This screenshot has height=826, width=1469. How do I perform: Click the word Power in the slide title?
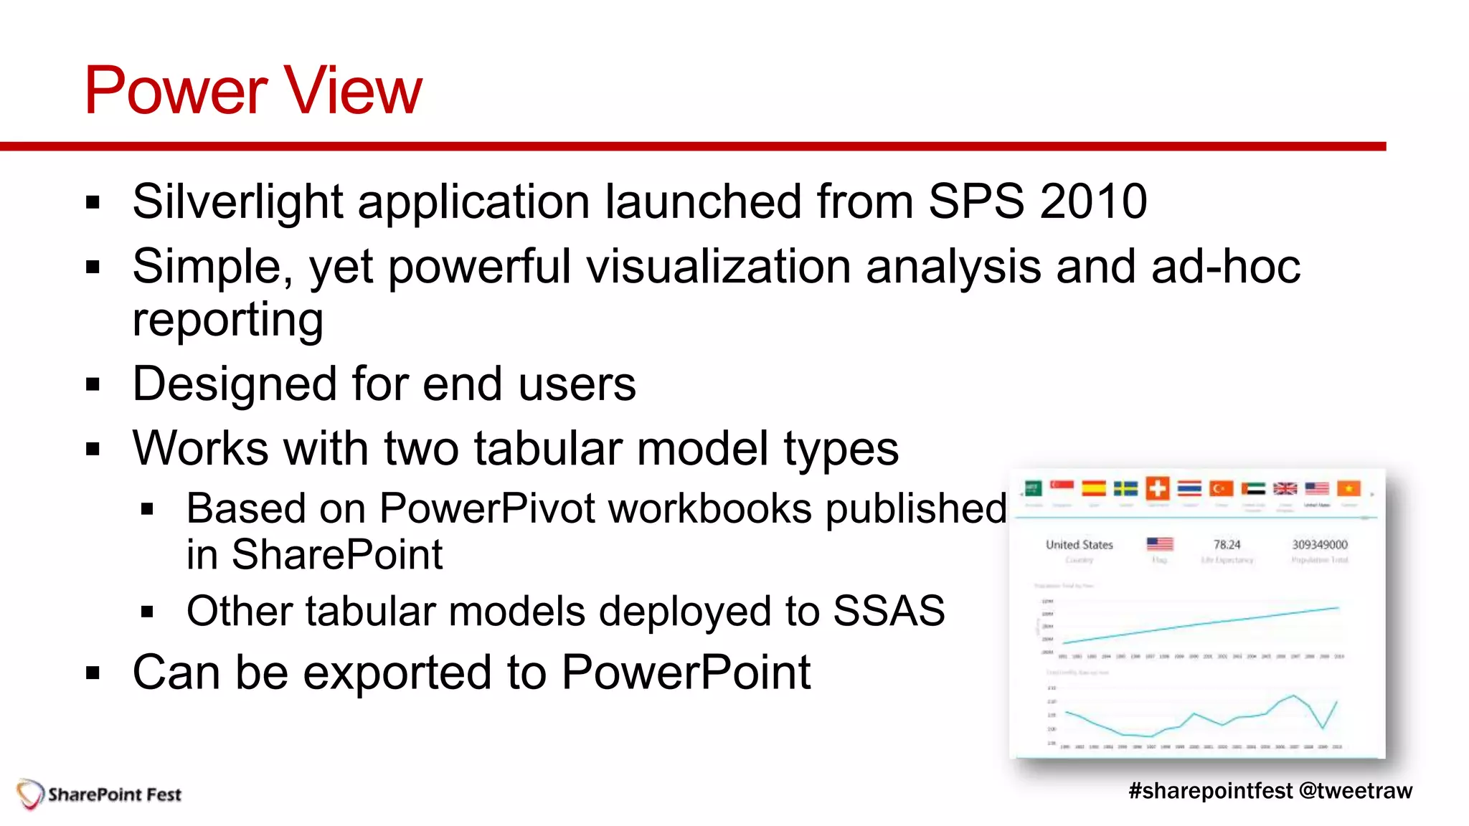click(176, 91)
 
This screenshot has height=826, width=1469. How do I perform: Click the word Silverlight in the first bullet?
click(237, 202)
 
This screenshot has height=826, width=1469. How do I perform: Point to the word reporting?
click(228, 320)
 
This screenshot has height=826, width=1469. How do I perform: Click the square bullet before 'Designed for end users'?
click(93, 385)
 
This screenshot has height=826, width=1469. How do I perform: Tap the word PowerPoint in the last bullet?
click(686, 673)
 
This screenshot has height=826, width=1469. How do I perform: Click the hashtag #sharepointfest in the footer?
click(1210, 791)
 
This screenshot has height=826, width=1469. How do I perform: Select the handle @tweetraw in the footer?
click(1355, 791)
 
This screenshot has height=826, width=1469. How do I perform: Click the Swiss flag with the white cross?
click(1157, 488)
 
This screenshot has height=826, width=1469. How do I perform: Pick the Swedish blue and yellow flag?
click(1125, 489)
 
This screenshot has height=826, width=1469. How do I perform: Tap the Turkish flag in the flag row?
click(1221, 489)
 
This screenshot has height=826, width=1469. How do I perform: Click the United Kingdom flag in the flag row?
click(1285, 489)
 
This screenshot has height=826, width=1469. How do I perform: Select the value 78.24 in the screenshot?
click(1227, 545)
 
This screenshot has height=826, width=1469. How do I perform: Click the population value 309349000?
click(1320, 545)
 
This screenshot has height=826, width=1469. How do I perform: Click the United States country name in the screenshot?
click(1079, 545)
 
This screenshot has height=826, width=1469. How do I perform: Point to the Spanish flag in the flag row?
click(1093, 489)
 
